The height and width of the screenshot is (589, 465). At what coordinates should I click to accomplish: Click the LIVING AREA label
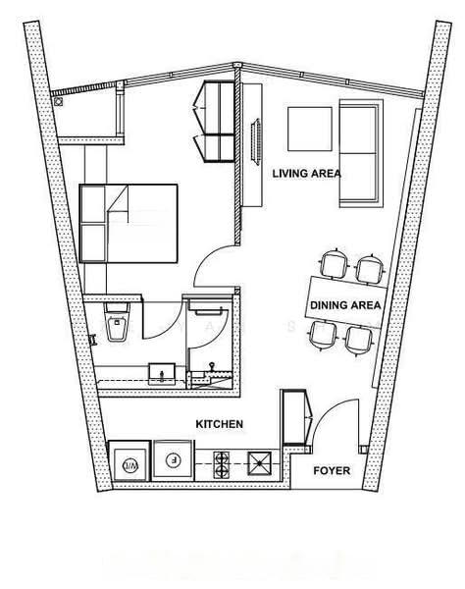coord(307,174)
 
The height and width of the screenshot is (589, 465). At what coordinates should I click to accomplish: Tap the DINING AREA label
coord(345,305)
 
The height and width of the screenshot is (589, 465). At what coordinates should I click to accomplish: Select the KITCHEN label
coord(219,424)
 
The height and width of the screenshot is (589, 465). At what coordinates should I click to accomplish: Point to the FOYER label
coord(332,470)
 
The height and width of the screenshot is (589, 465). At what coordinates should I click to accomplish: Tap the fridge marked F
coord(174,460)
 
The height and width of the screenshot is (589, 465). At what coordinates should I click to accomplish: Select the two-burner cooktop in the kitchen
coord(221,465)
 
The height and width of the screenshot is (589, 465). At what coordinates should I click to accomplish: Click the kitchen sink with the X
coord(259,463)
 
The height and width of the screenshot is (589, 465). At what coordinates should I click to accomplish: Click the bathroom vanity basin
coord(162,374)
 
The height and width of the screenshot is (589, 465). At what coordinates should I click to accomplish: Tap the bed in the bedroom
coord(129,223)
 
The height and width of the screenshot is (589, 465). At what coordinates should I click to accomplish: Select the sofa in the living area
coord(361,153)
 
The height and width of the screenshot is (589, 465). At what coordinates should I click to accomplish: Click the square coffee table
coord(310,129)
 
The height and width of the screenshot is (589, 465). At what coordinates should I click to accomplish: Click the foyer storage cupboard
coord(295,417)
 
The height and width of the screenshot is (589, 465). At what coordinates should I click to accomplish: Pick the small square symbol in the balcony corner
coord(58,102)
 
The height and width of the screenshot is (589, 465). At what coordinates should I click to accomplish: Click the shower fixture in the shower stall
coord(212,367)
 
